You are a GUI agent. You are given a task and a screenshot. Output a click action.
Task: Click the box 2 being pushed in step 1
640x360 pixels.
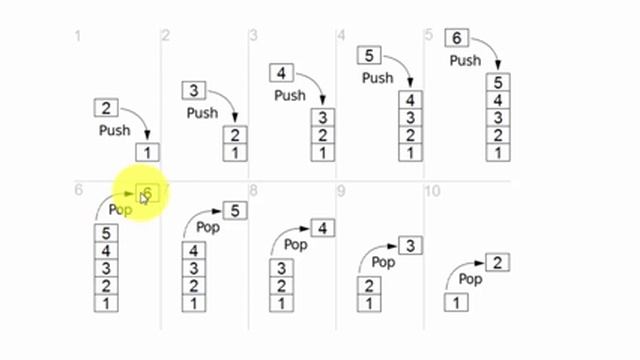pyautogui.click(x=107, y=108)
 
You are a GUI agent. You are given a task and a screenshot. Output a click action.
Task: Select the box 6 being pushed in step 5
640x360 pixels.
pyautogui.click(x=457, y=38)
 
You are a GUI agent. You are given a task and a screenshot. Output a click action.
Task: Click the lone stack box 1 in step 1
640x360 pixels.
pyautogui.click(x=147, y=153)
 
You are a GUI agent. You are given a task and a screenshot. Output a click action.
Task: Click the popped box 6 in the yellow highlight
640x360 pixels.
pyautogui.click(x=147, y=193)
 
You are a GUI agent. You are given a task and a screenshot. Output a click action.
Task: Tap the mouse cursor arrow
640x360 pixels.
pyautogui.click(x=144, y=198)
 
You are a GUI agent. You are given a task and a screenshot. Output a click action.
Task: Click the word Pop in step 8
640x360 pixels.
pyautogui.click(x=296, y=243)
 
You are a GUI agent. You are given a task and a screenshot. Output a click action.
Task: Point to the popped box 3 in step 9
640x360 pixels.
pyautogui.click(x=410, y=245)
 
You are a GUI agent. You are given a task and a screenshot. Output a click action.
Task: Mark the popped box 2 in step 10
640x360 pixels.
pyautogui.click(x=499, y=263)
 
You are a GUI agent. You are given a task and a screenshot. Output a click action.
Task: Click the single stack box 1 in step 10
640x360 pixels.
pyautogui.click(x=455, y=302)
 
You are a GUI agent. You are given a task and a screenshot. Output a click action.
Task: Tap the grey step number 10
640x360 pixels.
pyautogui.click(x=432, y=190)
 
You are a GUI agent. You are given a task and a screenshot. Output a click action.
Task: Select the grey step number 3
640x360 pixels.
pyautogui.click(x=254, y=36)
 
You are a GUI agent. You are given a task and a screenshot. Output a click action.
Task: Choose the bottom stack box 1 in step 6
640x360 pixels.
pyautogui.click(x=106, y=303)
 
